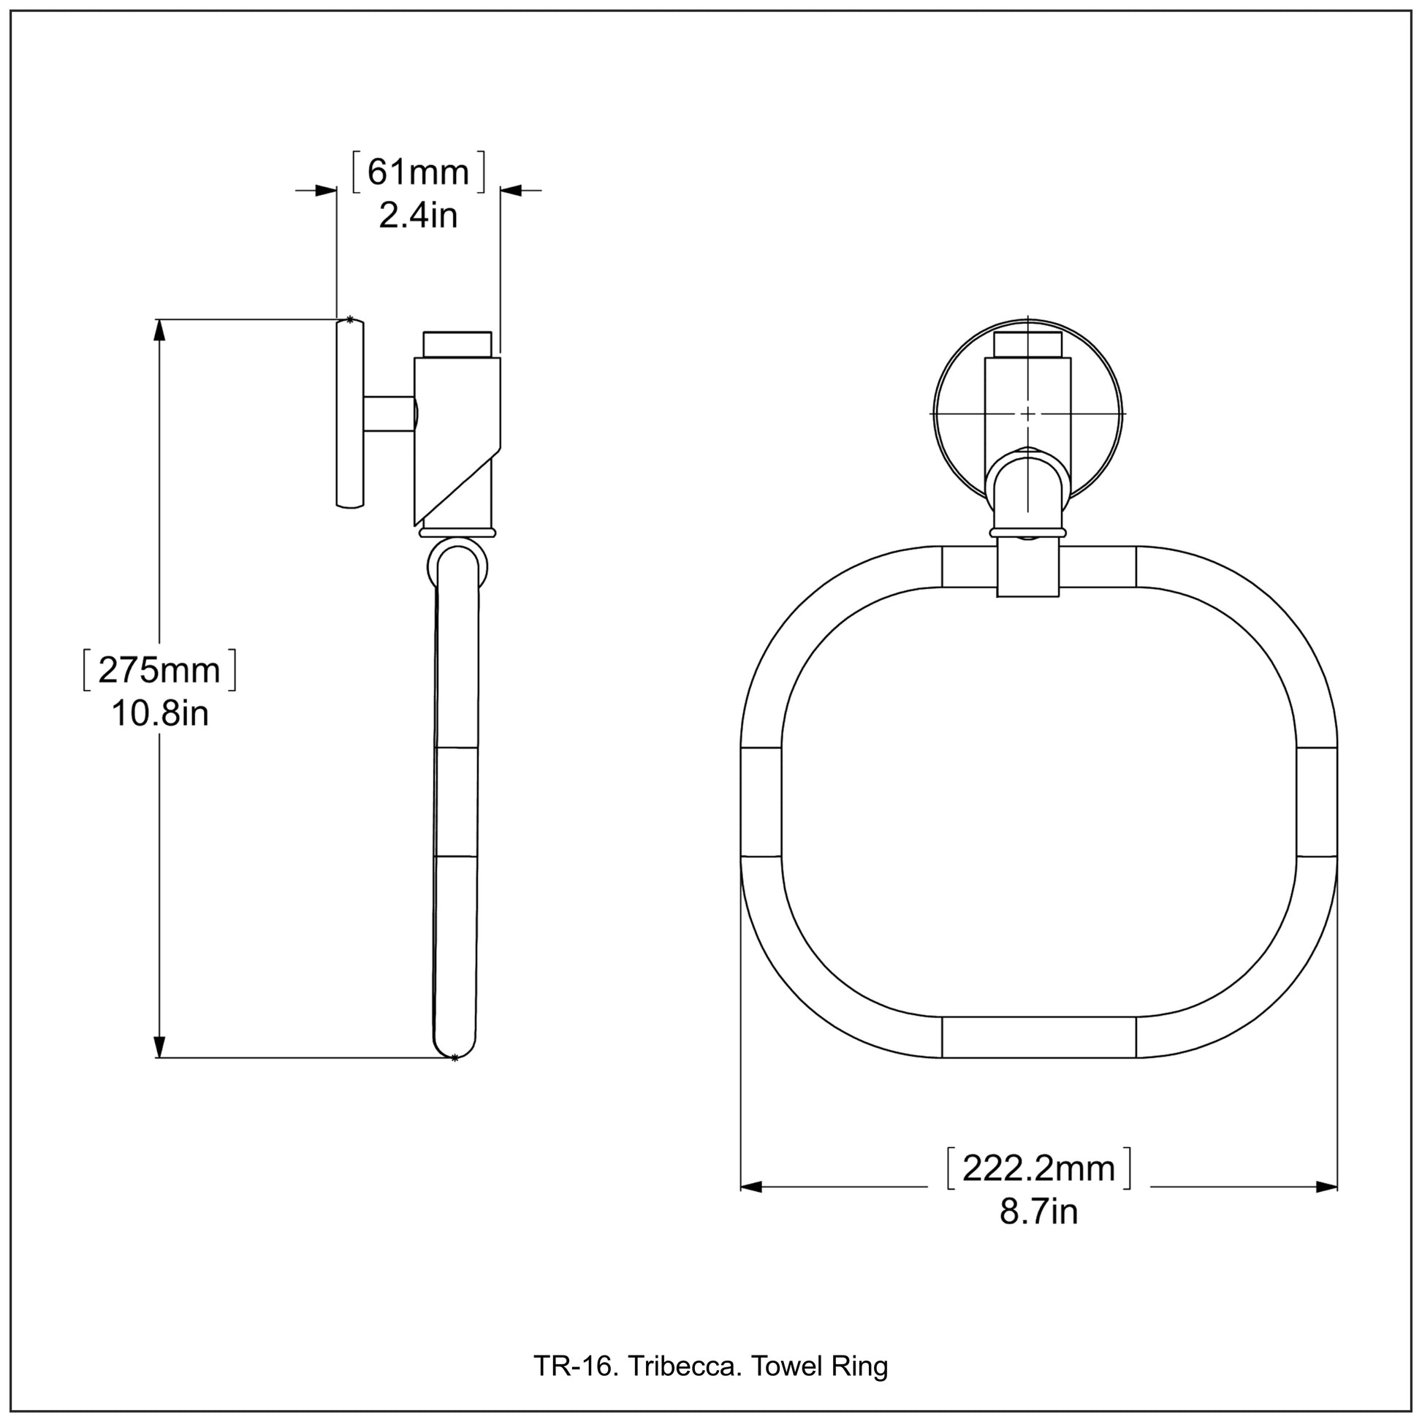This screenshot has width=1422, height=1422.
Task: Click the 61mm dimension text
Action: pyautogui.click(x=418, y=172)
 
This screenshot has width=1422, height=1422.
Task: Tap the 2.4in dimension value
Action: pyautogui.click(x=418, y=216)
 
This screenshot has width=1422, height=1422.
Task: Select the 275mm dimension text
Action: pyautogui.click(x=159, y=670)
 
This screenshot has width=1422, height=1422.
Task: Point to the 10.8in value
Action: pyautogui.click(x=160, y=713)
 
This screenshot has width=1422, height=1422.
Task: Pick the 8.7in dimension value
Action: pyautogui.click(x=1038, y=1212)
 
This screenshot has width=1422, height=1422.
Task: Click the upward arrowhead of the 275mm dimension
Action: pyautogui.click(x=160, y=330)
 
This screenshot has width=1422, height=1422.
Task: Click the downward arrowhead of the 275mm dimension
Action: pyautogui.click(x=160, y=1046)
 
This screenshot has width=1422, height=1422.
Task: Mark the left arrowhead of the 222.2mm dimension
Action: pyautogui.click(x=750, y=1187)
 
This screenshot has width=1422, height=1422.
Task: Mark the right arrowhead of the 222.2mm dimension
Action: pyautogui.click(x=1326, y=1187)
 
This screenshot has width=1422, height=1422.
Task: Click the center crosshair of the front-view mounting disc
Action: pyautogui.click(x=1027, y=414)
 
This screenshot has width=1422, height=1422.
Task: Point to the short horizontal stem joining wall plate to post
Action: pyautogui.click(x=389, y=414)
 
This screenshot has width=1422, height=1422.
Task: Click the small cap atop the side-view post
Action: pyautogui.click(x=457, y=343)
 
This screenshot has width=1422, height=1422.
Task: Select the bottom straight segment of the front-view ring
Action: pyautogui.click(x=1038, y=1037)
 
